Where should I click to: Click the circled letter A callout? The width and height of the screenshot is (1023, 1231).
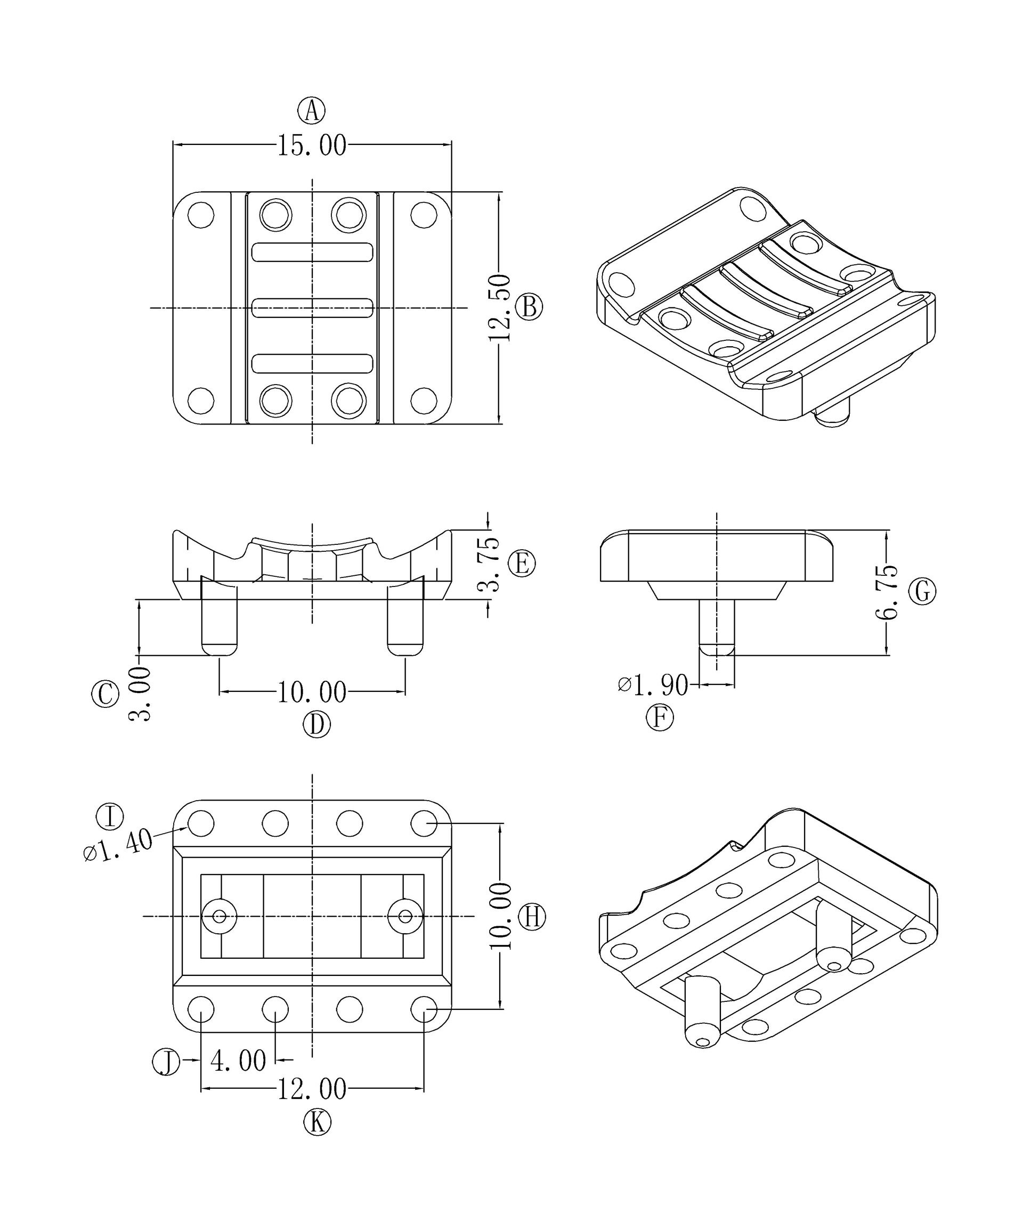(x=311, y=110)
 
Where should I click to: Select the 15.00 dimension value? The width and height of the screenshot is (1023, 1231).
(x=311, y=145)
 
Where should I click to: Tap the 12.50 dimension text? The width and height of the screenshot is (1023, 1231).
(x=499, y=308)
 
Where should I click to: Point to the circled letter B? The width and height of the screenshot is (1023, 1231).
(x=529, y=307)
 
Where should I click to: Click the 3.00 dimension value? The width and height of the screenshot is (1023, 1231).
(x=140, y=694)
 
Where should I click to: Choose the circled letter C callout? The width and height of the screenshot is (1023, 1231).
(x=105, y=694)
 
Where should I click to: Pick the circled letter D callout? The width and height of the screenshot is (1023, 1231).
(x=316, y=725)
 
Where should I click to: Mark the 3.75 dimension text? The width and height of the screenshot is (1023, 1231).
(x=489, y=564)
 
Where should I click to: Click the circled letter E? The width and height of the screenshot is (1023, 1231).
(x=522, y=564)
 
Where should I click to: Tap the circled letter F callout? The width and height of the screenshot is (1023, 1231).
(x=660, y=718)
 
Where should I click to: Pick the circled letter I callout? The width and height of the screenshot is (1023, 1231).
(x=110, y=817)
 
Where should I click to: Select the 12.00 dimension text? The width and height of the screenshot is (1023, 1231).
(x=311, y=1090)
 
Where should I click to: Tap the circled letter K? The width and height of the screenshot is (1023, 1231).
(x=317, y=1122)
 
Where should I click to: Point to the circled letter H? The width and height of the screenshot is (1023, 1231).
(x=532, y=916)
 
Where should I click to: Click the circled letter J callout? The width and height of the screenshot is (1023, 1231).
(x=166, y=1062)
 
